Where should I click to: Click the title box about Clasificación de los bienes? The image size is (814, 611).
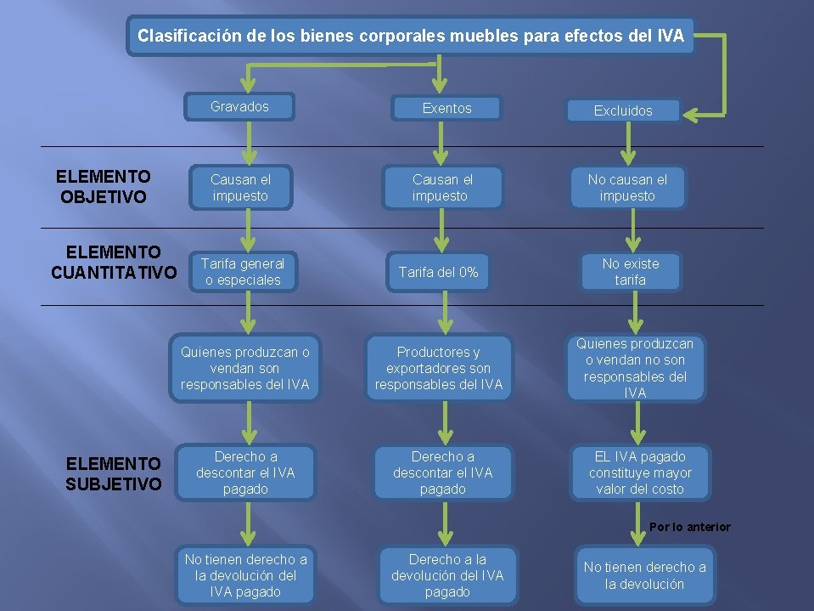[411, 37]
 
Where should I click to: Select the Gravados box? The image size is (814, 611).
[240, 107]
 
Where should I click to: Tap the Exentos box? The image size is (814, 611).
[446, 108]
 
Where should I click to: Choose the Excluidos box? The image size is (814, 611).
[623, 110]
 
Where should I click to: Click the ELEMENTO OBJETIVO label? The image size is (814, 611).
[104, 187]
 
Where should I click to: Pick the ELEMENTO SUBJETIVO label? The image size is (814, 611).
[113, 473]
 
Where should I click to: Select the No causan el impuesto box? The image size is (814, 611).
[627, 188]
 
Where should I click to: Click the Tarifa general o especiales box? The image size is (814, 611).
[243, 272]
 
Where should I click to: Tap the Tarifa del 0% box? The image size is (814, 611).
[439, 272]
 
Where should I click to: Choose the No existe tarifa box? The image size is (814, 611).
[630, 272]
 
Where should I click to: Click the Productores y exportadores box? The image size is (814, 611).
[439, 368]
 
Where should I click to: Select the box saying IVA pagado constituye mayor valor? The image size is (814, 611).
[640, 472]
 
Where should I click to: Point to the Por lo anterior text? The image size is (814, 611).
[689, 527]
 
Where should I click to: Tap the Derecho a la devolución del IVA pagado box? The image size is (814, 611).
[446, 575]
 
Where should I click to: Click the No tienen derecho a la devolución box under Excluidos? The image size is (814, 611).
[644, 575]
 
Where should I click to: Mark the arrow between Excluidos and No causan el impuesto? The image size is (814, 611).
[628, 144]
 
